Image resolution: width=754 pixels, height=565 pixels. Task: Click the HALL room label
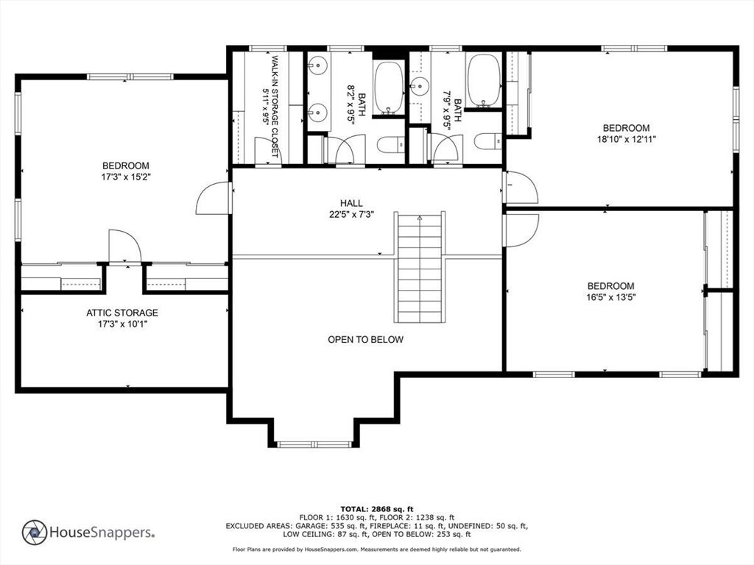coord(351,203)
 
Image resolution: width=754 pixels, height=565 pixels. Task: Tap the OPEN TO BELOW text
coord(365,340)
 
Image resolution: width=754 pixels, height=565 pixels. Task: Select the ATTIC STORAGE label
coord(122,313)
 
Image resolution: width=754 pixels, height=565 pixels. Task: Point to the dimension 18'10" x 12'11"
coord(626,139)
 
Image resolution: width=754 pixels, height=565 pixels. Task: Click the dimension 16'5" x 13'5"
coord(610,297)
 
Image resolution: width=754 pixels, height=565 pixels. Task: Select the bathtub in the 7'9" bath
coord(483,80)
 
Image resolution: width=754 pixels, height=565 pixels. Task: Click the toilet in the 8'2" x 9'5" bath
coord(391,144)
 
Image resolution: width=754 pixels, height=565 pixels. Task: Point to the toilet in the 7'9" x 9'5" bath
coord(487,141)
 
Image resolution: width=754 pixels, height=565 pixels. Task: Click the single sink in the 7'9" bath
coord(419,87)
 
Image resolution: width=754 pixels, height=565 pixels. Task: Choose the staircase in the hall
coord(420,267)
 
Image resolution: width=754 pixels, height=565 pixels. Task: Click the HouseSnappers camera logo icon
coord(35,533)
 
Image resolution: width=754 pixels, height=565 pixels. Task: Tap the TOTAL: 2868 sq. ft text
coord(376,509)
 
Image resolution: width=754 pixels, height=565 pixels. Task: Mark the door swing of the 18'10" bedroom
coord(521,188)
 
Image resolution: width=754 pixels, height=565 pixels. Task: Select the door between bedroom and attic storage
coord(124,246)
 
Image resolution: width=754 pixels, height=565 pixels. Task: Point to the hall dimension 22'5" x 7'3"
coord(351,215)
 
